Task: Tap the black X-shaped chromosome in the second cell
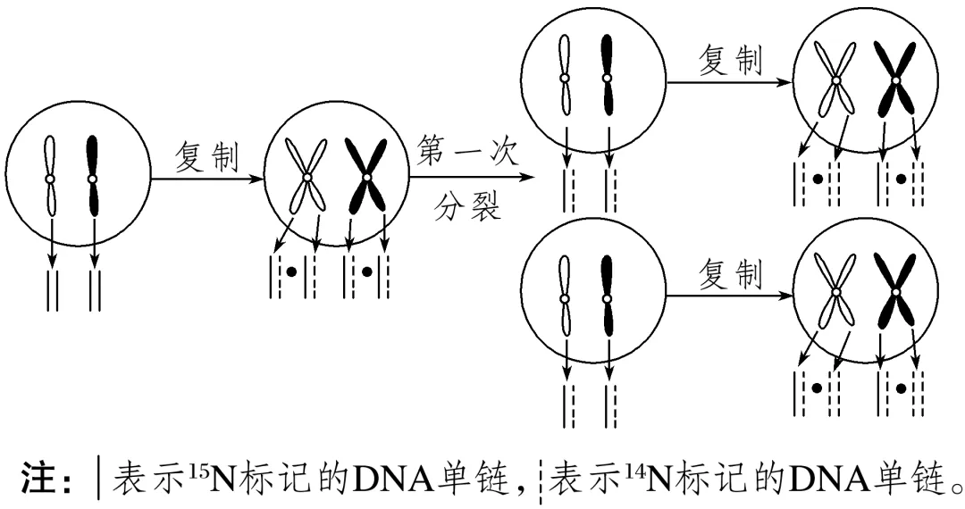366,179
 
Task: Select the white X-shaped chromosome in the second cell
307,179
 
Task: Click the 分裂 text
467,207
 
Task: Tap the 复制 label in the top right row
730,61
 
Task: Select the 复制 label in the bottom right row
730,274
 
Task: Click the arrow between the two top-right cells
730,81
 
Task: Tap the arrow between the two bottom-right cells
730,295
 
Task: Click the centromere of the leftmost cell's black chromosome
93,179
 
